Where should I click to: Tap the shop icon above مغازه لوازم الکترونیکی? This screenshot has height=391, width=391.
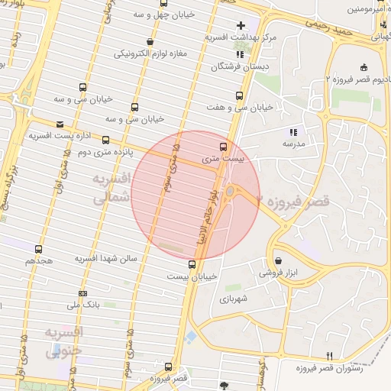tap(149, 42)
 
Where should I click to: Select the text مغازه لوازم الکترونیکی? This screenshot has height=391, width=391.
tap(150, 54)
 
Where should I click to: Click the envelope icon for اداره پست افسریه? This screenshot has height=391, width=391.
tap(61, 124)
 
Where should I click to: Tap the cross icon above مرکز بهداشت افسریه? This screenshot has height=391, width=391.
tap(241, 25)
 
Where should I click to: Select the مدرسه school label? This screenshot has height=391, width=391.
tap(293, 143)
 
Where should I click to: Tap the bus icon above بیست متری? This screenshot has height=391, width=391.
tap(223, 147)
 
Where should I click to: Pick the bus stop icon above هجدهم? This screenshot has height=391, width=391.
tap(39, 249)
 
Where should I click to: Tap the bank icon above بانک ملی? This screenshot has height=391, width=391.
tap(82, 294)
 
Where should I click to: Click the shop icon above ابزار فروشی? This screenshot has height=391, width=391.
tap(277, 260)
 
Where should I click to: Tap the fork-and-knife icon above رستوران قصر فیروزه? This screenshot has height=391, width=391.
tap(330, 355)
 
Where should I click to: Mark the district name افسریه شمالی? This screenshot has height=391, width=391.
tap(112, 186)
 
